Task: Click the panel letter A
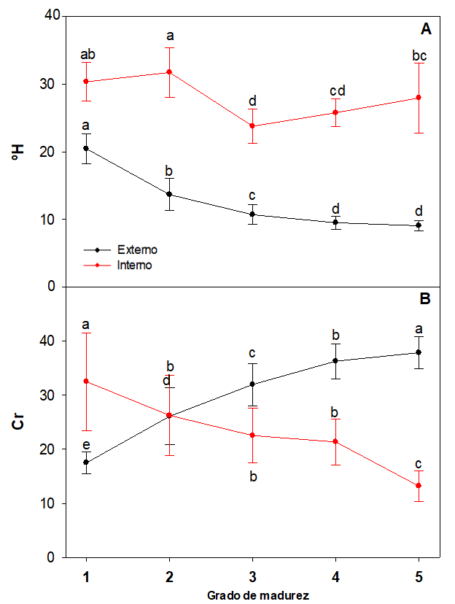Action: tap(427, 29)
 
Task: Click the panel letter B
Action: tap(427, 298)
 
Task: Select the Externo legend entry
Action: tap(137, 249)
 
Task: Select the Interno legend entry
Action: tap(135, 265)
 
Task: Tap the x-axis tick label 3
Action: tap(252, 576)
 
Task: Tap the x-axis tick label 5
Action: tap(419, 576)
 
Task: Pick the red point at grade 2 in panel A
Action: tap(169, 72)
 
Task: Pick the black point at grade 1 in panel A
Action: tap(86, 148)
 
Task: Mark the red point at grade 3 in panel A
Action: tap(252, 125)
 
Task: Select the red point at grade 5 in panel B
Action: tap(419, 486)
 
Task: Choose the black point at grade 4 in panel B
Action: tap(335, 360)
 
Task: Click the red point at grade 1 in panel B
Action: tap(86, 381)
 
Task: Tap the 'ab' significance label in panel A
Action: tap(86, 54)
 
